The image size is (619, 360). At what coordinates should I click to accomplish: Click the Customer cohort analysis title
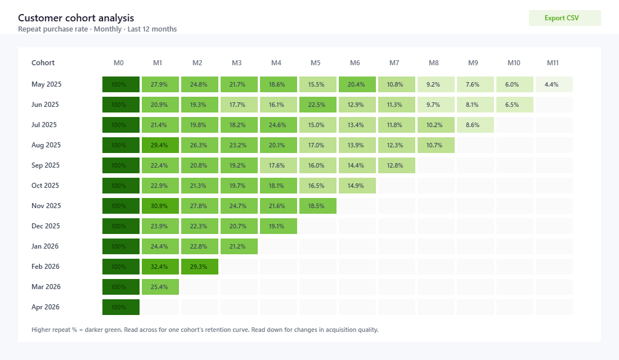[76, 18]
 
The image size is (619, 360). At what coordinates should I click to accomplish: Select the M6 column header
[355, 63]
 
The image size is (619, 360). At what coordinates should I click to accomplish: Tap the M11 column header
[552, 63]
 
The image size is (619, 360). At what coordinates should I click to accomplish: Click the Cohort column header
[43, 63]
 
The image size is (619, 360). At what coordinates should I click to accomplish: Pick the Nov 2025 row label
[46, 206]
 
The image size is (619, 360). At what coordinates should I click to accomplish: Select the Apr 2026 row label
[46, 307]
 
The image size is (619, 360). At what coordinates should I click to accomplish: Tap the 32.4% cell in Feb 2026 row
[160, 267]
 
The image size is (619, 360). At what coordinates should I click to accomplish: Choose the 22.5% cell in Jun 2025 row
[318, 105]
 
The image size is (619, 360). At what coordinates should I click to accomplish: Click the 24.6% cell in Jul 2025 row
[279, 125]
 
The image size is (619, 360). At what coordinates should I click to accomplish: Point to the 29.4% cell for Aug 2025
[160, 145]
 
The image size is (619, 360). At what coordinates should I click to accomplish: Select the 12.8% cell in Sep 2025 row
[397, 165]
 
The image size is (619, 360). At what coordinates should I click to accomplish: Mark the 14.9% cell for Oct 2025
[357, 186]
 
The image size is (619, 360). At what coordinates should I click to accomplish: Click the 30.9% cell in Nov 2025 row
[160, 206]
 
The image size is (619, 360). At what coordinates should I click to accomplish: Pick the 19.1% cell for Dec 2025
[279, 226]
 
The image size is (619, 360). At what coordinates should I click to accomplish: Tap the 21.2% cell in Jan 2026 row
[239, 246]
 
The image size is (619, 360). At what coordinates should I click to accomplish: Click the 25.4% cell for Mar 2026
[160, 287]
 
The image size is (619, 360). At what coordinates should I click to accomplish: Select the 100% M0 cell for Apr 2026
[121, 307]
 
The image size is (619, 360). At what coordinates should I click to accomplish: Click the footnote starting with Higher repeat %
[205, 330]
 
